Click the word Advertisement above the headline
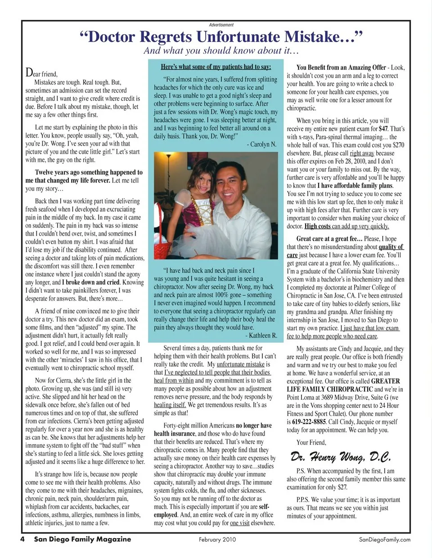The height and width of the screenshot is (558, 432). click(221, 25)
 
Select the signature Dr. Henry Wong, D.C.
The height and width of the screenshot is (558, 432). click(340, 457)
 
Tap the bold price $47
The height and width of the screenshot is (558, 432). click(383, 129)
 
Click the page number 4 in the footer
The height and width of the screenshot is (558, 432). click(22, 539)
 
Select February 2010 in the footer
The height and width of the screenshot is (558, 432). click(217, 540)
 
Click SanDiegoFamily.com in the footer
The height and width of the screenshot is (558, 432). click(384, 540)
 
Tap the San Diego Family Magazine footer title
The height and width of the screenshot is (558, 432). click(82, 539)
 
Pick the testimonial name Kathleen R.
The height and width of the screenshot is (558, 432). click(261, 335)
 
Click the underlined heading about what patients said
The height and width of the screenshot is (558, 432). click(216, 67)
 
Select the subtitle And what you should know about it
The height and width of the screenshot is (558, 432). click(221, 51)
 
